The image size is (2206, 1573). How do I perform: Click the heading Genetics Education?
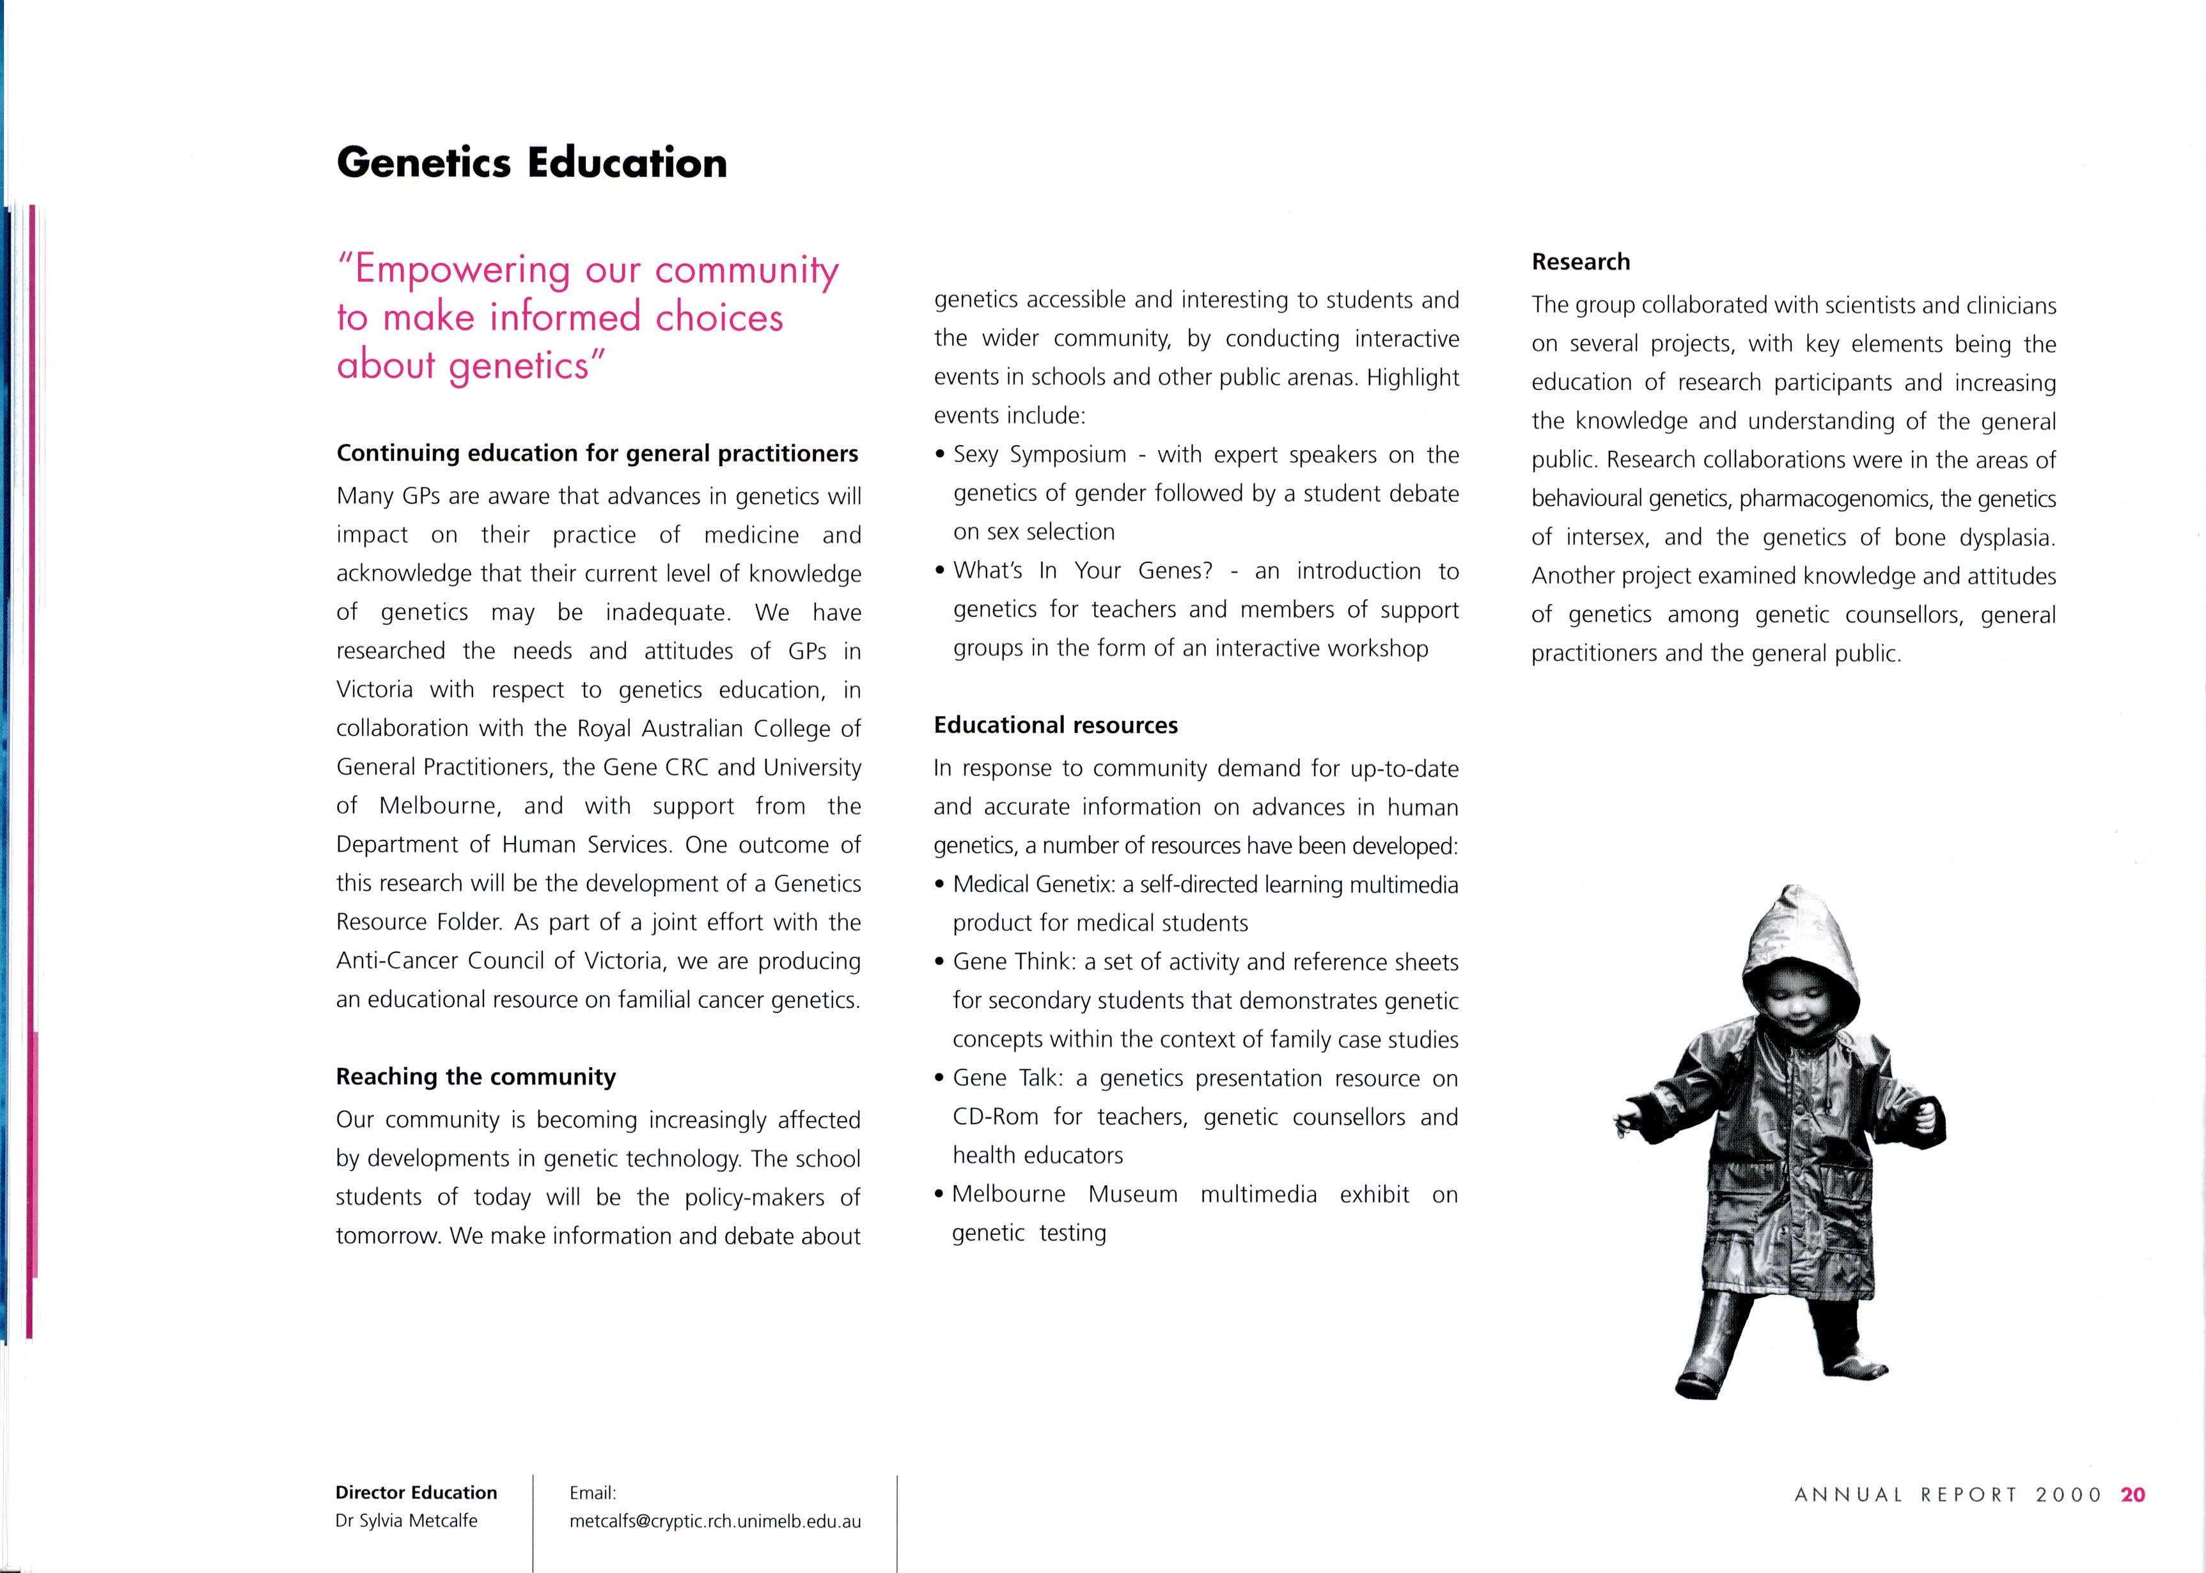point(531,163)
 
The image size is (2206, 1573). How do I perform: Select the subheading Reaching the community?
point(476,1077)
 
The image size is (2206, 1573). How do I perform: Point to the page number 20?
point(2133,1494)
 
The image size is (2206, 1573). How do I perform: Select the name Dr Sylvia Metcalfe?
point(406,1521)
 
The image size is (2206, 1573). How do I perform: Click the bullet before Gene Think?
point(940,963)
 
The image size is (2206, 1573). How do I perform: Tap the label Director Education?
point(416,1492)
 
